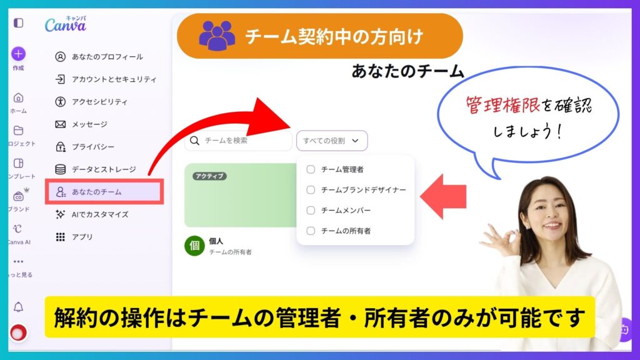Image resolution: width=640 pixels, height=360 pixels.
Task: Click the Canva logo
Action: pos(65,24)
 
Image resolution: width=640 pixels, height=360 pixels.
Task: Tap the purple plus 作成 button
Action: pos(18,54)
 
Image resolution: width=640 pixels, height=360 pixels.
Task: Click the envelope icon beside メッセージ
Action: pos(61,124)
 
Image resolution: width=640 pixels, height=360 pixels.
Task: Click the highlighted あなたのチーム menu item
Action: pos(104,191)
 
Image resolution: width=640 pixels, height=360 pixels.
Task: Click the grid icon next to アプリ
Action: pos(61,237)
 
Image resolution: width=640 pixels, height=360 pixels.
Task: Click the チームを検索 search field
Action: pos(238,141)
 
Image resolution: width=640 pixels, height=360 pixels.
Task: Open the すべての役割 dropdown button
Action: pos(332,141)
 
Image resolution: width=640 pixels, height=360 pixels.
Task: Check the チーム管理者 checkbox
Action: pos(311,169)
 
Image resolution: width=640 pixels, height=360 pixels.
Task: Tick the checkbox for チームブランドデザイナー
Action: pos(311,190)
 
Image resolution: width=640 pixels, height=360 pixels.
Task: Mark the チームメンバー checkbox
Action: pos(311,210)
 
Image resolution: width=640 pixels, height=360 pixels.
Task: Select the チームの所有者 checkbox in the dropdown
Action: pos(311,231)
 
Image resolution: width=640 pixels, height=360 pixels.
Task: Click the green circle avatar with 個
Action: pos(195,246)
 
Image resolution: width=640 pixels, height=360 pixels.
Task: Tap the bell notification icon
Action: pos(18,307)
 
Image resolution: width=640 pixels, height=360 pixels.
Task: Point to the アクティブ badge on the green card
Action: pos(210,176)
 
